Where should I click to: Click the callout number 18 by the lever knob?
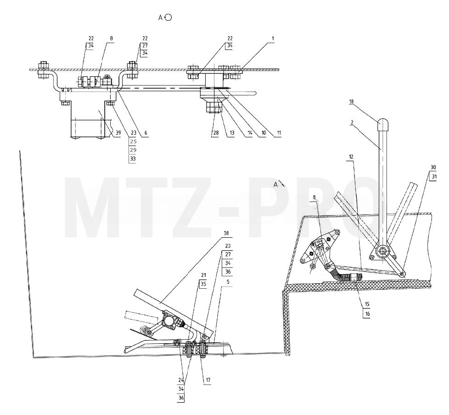[x=351, y=101]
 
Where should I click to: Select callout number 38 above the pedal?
[x=226, y=233]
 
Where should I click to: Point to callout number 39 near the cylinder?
[x=118, y=133]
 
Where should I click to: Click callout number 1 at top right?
[x=273, y=38]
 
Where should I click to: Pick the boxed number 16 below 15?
[x=367, y=314]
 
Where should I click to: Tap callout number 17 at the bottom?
[x=208, y=380]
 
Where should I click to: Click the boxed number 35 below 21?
[x=203, y=284]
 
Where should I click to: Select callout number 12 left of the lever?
[x=351, y=157]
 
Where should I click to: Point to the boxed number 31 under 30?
[x=434, y=177]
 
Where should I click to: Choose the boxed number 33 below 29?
[x=133, y=159]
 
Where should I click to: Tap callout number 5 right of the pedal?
[x=228, y=282]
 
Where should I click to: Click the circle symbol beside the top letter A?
[x=168, y=17]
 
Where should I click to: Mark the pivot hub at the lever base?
[x=382, y=252]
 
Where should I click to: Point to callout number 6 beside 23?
[x=146, y=133]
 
